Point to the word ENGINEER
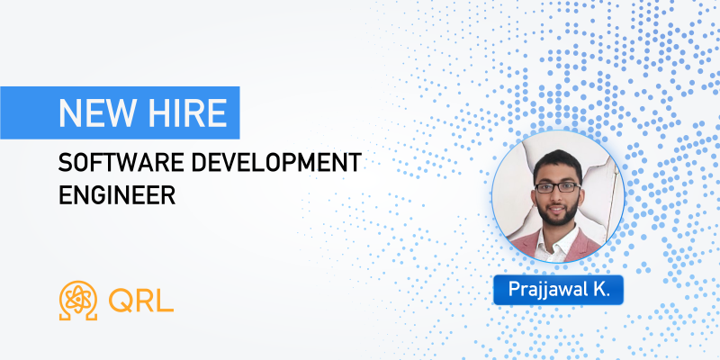pos(117,194)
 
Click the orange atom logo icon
pos(78,301)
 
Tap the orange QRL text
pos(141,301)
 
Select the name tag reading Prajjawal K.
pos(558,290)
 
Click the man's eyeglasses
pos(557,187)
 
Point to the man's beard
pos(558,212)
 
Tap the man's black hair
pos(558,164)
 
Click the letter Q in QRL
pos(121,301)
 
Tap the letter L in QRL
pos(166,301)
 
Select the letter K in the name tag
pos(600,289)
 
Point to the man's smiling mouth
pos(557,211)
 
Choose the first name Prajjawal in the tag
pos(547,291)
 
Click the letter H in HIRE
pos(157,113)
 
